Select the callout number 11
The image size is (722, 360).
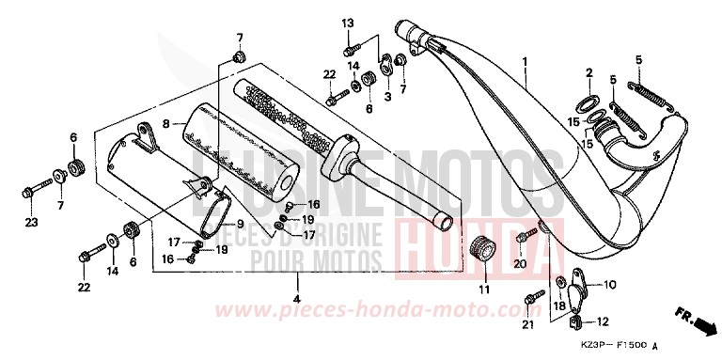484,290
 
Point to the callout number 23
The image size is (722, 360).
31,223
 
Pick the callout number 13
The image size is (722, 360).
348,23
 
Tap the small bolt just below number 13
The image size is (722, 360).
351,46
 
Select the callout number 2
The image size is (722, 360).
589,72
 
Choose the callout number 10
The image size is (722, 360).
608,284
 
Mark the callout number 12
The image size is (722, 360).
601,321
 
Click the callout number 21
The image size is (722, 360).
527,324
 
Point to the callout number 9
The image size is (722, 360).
240,224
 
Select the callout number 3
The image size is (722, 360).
388,97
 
